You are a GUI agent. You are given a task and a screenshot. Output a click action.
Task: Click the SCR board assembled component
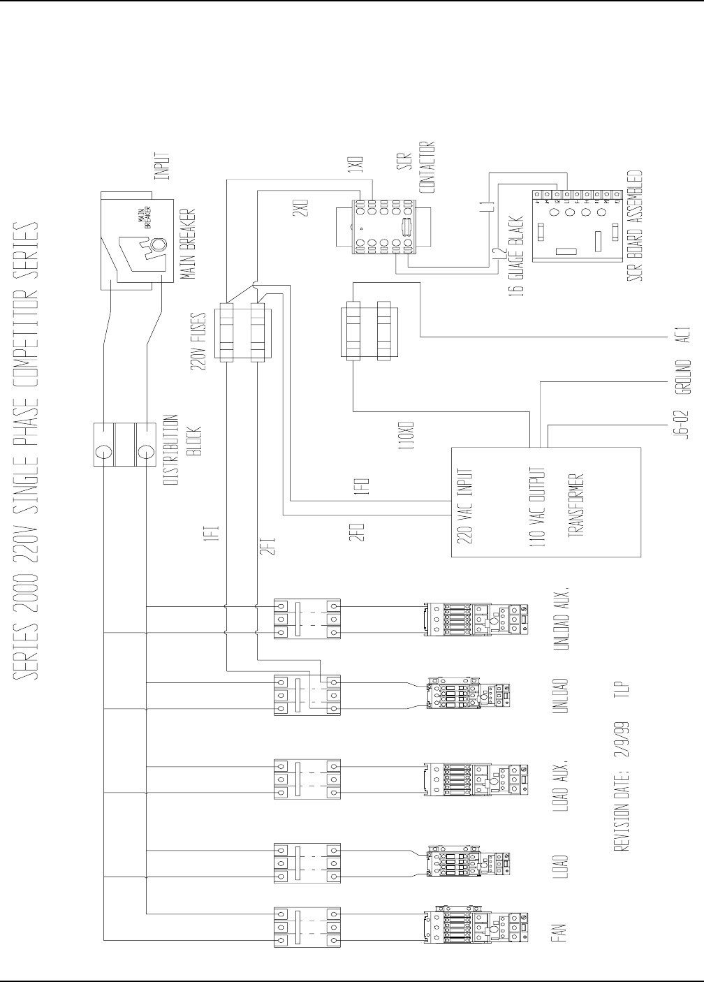(x=576, y=224)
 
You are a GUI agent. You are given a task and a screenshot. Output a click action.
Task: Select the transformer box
(x=545, y=501)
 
